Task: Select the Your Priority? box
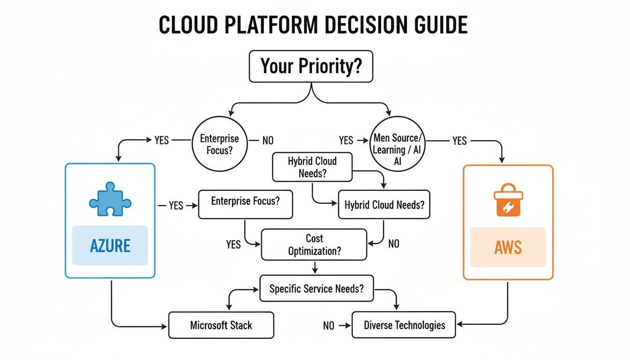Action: pyautogui.click(x=311, y=67)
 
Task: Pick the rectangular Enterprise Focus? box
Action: pyautogui.click(x=245, y=204)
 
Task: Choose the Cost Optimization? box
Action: pyautogui.click(x=314, y=244)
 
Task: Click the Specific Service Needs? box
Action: pyautogui.click(x=316, y=288)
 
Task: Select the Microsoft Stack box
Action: pyautogui.click(x=221, y=325)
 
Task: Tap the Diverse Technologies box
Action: pyautogui.click(x=404, y=325)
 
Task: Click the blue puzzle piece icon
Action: pyautogui.click(x=110, y=200)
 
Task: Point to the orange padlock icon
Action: pyautogui.click(x=508, y=200)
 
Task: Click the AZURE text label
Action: pyautogui.click(x=110, y=245)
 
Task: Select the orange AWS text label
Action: pyautogui.click(x=508, y=247)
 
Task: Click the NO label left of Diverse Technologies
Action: pyautogui.click(x=329, y=325)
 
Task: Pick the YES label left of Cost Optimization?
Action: pyautogui.click(x=233, y=244)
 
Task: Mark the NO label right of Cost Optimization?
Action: pyautogui.click(x=394, y=244)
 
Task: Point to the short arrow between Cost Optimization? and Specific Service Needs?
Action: pyautogui.click(x=315, y=267)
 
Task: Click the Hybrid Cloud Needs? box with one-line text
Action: pyautogui.click(x=384, y=205)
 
